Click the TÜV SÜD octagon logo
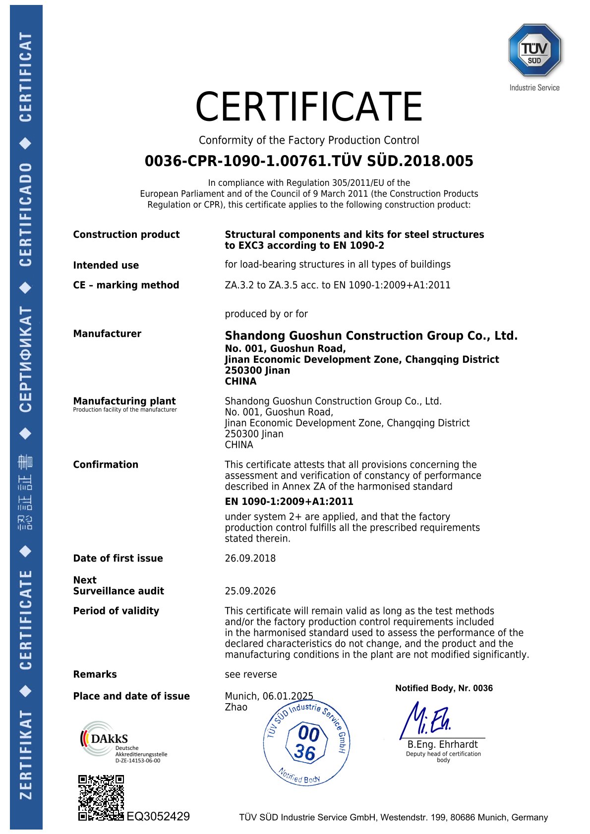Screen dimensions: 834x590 click(534, 51)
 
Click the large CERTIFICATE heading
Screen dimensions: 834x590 click(308, 107)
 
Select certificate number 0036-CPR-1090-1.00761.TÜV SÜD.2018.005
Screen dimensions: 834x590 click(308, 161)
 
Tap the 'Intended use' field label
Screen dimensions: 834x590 click(106, 265)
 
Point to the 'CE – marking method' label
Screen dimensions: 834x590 click(126, 285)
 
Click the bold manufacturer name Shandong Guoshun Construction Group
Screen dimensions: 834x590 click(371, 335)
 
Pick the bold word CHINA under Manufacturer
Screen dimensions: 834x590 click(240, 381)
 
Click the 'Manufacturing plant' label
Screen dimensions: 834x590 click(124, 401)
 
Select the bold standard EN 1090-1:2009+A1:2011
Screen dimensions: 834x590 click(289, 501)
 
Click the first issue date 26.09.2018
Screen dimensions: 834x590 click(250, 558)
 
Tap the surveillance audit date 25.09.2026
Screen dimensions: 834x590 click(250, 591)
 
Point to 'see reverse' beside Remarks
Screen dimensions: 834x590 click(250, 674)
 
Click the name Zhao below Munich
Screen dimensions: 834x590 click(236, 707)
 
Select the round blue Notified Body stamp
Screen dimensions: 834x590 click(307, 742)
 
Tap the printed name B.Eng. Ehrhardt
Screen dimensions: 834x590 click(442, 744)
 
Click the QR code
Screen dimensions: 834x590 click(101, 797)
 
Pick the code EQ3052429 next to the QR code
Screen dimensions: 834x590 click(158, 816)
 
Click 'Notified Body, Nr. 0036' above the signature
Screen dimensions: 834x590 click(444, 688)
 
